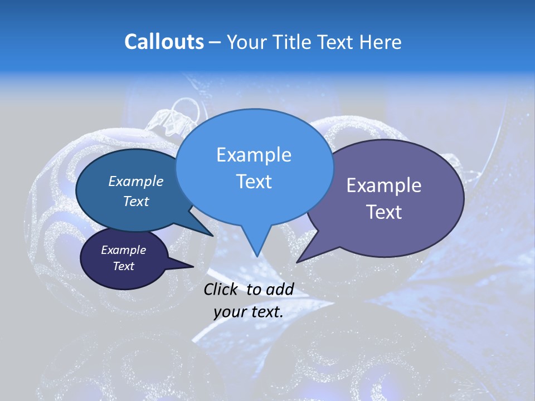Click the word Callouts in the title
click(x=164, y=42)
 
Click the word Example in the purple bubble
click(x=384, y=185)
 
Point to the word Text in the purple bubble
click(x=383, y=212)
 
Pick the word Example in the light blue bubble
click(x=254, y=155)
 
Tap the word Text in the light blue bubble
click(x=254, y=182)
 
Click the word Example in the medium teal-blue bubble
click(x=135, y=182)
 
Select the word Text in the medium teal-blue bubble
click(x=136, y=201)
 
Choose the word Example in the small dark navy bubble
click(x=123, y=250)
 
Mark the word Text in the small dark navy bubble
click(x=123, y=266)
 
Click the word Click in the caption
click(x=221, y=289)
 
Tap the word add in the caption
click(x=280, y=289)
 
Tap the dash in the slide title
click(x=215, y=42)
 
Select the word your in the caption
click(x=230, y=312)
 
